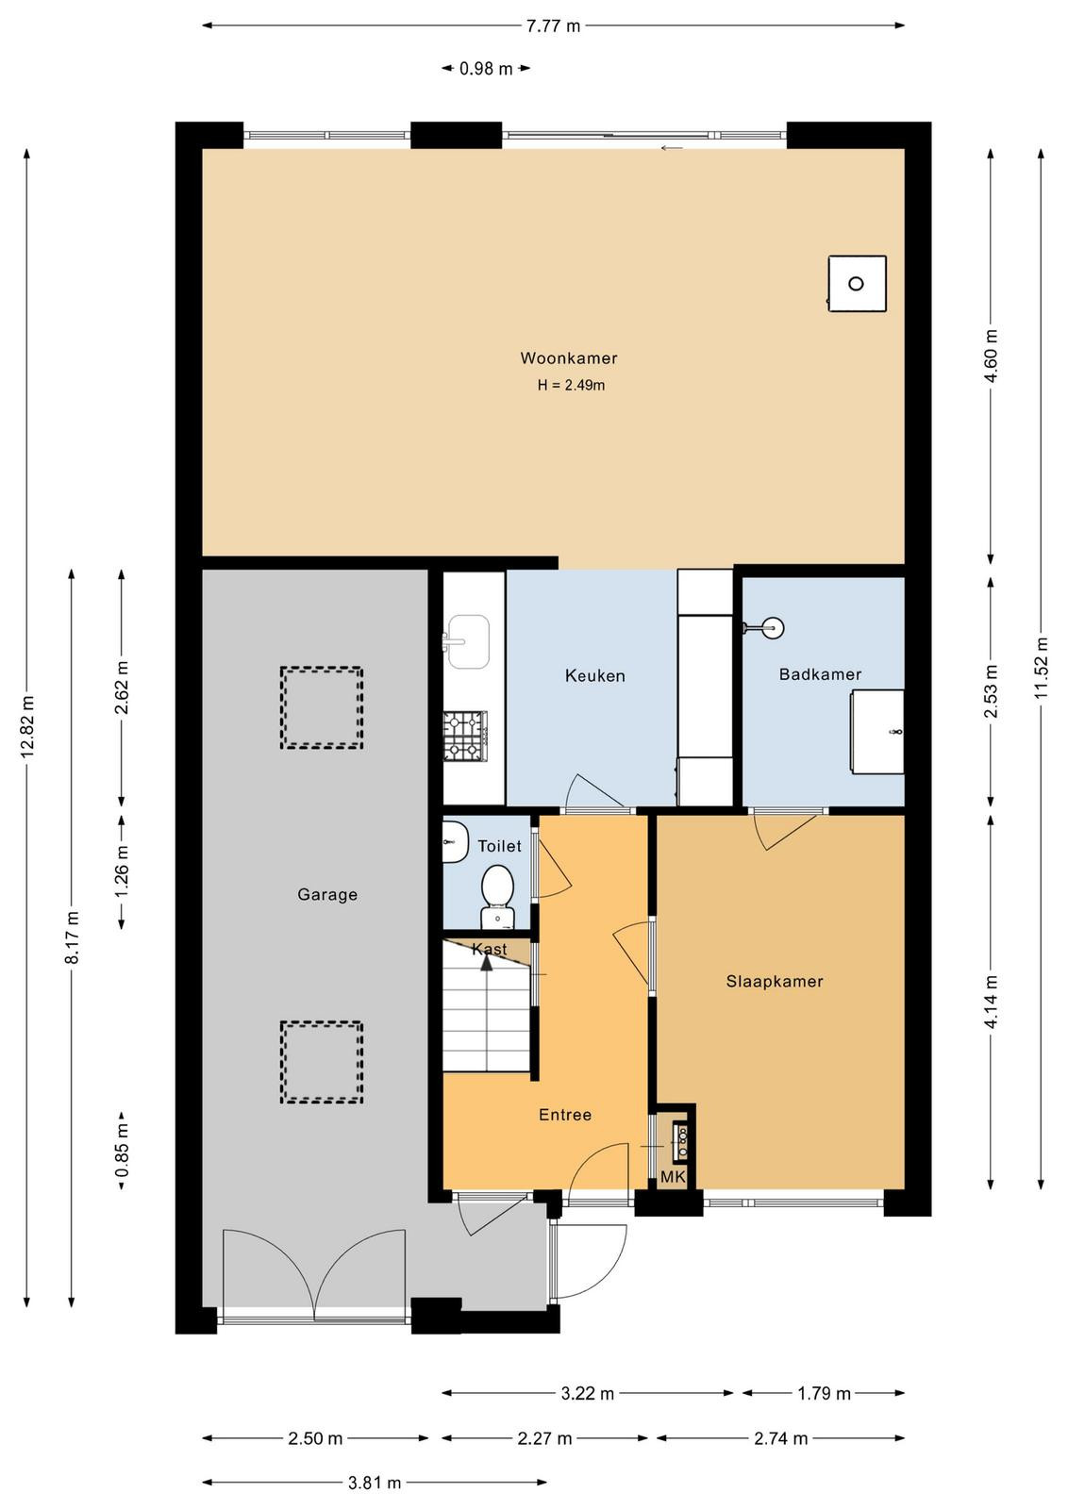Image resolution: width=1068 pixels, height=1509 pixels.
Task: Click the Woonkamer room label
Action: click(569, 357)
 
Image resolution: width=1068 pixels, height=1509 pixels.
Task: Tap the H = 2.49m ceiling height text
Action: click(571, 386)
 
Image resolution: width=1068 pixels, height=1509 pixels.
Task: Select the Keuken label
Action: click(595, 675)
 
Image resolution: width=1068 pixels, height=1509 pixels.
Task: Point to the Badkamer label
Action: click(820, 674)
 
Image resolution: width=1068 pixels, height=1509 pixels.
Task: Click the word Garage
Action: click(327, 895)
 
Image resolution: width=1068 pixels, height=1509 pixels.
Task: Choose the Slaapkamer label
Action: click(775, 982)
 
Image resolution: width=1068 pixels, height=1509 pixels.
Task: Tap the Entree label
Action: click(565, 1115)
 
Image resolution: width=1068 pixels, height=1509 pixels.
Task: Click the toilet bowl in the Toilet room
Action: click(497, 897)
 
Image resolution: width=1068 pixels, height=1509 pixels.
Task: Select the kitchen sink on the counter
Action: click(468, 641)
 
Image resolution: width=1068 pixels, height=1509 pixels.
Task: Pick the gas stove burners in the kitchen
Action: click(465, 736)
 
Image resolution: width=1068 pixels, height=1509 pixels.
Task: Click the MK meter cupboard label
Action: click(673, 1177)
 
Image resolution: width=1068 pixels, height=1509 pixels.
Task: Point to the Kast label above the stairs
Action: click(490, 949)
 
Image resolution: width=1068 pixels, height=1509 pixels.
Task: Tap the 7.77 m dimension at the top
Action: click(553, 26)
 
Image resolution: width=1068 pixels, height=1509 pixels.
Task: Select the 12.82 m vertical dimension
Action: click(27, 727)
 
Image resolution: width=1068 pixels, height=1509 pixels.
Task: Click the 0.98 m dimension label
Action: click(486, 68)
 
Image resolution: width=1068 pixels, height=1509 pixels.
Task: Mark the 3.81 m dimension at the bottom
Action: click(375, 1482)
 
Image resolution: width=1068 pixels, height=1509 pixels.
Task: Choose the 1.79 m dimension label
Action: click(824, 1393)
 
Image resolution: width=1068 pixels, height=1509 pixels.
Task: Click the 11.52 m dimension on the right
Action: click(1042, 669)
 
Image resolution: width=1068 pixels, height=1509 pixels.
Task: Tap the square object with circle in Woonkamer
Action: click(857, 284)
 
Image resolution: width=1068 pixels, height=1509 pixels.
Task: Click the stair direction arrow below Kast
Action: click(487, 963)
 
